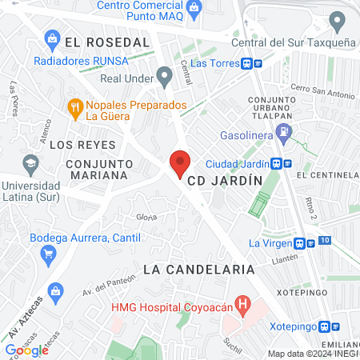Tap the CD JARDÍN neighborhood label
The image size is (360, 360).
pos(225,181)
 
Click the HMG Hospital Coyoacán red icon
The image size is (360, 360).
pos(245,305)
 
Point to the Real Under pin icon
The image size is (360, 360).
pos(165,77)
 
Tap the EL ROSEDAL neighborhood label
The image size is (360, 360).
pos(107,42)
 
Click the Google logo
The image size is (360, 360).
pos(26,350)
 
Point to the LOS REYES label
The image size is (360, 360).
pos(83,145)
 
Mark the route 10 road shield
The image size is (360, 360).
pos(323,240)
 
